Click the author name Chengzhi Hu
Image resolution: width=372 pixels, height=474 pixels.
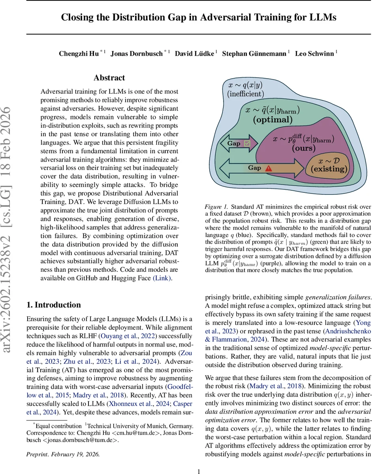(79, 53)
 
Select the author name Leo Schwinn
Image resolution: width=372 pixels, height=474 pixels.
(315, 53)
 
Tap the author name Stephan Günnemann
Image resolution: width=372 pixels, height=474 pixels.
(254, 53)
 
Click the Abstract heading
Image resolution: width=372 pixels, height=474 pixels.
(109, 78)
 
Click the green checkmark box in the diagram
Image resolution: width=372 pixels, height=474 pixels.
(247, 143)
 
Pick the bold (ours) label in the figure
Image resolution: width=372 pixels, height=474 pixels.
(304, 149)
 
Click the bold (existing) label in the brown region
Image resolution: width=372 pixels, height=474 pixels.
(329, 169)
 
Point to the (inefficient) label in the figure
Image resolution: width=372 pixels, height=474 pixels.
(245, 94)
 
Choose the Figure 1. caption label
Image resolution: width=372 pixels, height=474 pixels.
(216, 207)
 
